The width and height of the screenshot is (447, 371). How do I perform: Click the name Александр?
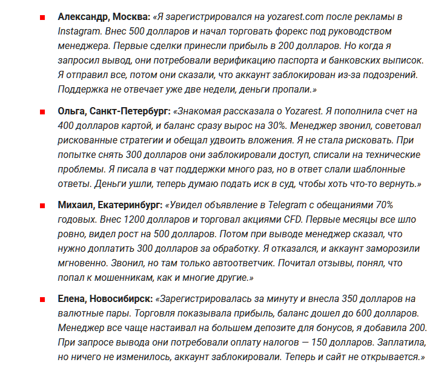click(84, 16)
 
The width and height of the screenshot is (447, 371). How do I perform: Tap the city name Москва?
click(133, 16)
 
